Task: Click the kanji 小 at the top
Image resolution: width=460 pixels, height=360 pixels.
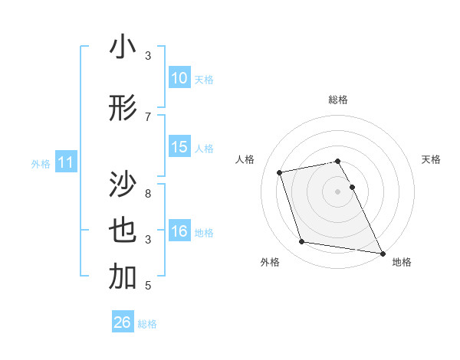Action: coord(123,47)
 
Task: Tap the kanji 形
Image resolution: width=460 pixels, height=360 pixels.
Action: coord(123,109)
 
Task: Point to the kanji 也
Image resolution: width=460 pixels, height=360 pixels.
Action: coord(123,231)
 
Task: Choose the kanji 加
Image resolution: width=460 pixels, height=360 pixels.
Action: coord(123,277)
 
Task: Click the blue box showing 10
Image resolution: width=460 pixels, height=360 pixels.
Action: coord(179,78)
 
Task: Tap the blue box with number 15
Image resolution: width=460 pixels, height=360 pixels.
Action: coord(179,147)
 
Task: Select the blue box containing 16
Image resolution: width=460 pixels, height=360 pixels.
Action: coord(179,231)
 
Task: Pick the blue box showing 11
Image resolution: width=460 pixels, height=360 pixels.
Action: coord(66,162)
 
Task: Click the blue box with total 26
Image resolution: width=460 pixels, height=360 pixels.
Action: coord(123,322)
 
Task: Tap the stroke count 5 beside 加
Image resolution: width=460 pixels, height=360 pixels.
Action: coord(149,286)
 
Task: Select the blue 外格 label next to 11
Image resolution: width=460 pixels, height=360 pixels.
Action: coord(41,163)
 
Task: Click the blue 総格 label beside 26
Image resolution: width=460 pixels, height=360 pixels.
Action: coord(147,323)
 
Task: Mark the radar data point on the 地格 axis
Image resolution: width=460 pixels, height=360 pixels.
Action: coord(382,252)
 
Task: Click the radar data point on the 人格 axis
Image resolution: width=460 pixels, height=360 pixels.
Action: coord(280,172)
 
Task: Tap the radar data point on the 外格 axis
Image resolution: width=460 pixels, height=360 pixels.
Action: coord(301,242)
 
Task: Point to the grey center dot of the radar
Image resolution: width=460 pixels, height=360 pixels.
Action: coord(337,191)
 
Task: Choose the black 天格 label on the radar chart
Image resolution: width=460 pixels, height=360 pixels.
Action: coord(431,159)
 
